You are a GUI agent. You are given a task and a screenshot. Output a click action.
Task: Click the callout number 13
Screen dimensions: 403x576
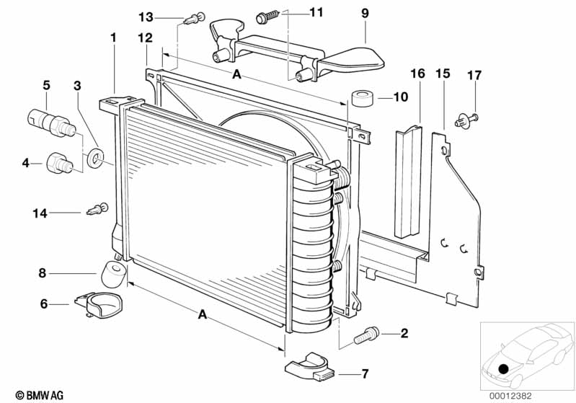(x=146, y=16)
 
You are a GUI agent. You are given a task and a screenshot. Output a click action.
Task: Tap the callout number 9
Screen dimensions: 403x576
(x=364, y=12)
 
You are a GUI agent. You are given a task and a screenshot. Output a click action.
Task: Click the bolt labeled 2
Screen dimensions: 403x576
(x=368, y=333)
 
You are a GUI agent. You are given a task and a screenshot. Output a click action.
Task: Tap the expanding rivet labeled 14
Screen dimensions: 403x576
(x=97, y=210)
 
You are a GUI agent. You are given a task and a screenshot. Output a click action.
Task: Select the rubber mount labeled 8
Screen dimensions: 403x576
(x=115, y=273)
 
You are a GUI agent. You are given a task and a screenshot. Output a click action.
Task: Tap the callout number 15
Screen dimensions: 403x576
(x=443, y=74)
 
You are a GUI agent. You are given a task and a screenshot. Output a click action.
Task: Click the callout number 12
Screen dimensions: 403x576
(x=146, y=37)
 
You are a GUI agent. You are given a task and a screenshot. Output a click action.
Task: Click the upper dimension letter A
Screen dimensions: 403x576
(x=236, y=75)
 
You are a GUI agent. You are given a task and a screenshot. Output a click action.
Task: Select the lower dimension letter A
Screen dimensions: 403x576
(x=203, y=314)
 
